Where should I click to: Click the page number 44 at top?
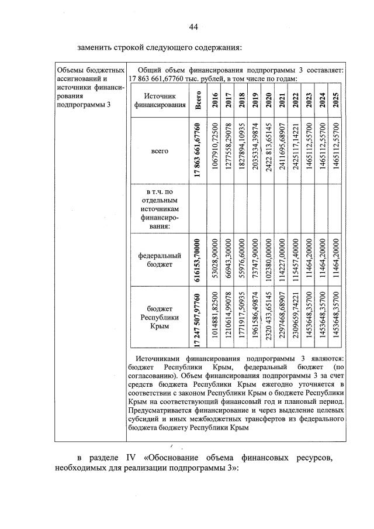pos(193,26)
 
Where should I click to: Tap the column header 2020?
pos(268,101)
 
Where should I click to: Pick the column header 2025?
pos(335,101)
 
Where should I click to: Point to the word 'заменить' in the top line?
pos(96,47)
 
